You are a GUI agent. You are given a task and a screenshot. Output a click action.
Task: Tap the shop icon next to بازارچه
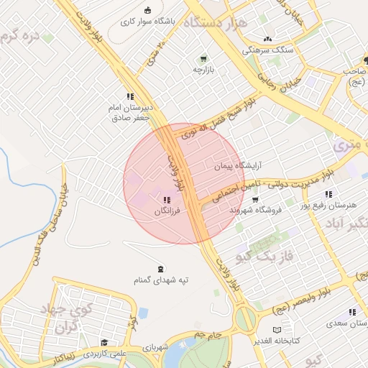click(x=203, y=58)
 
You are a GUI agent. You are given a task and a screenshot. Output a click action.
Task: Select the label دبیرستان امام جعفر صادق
click(x=129, y=112)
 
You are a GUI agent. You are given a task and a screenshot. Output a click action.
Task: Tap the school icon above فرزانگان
click(x=166, y=201)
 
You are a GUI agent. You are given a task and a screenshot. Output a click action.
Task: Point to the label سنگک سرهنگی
click(x=269, y=50)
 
